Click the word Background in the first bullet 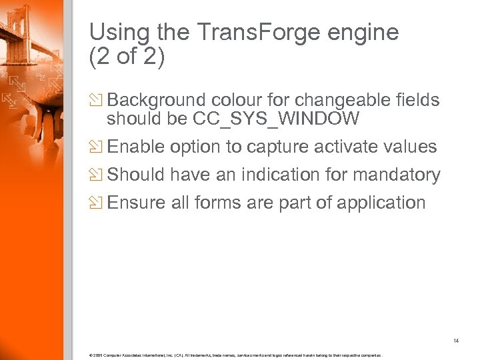(157, 100)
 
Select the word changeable (335, 100)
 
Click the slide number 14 (456, 341)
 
